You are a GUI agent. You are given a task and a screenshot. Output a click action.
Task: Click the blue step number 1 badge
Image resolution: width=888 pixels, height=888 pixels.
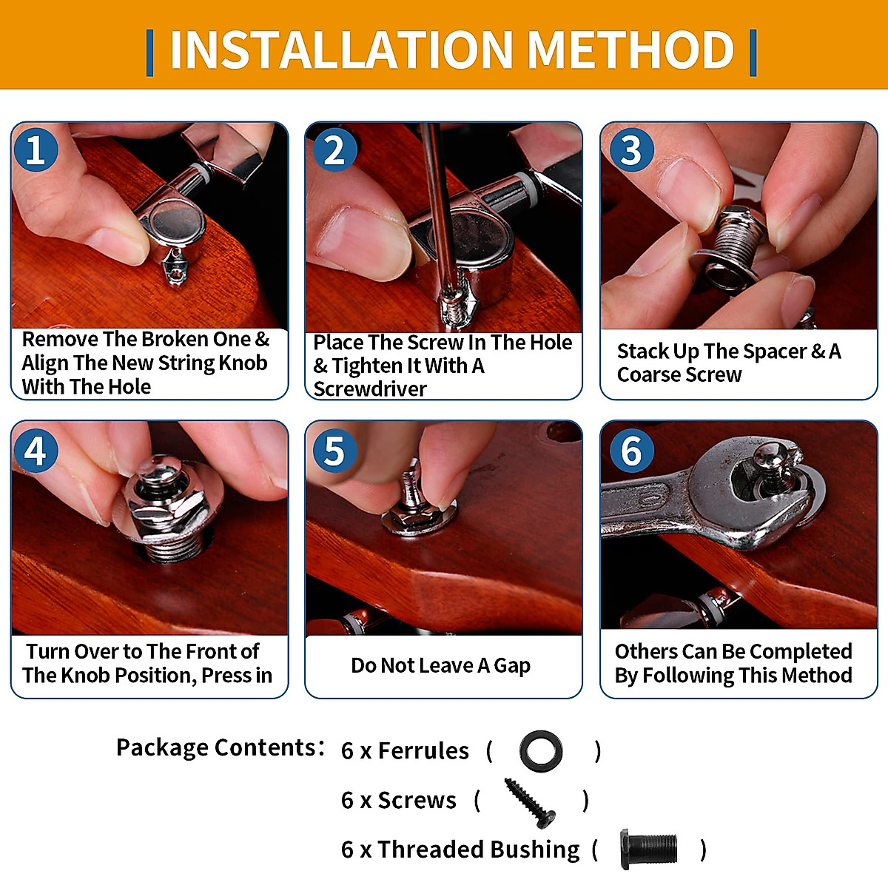36,149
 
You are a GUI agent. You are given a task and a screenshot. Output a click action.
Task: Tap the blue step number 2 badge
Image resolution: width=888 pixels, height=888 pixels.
334,149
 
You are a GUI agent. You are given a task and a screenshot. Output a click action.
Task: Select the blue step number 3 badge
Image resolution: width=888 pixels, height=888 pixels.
632,149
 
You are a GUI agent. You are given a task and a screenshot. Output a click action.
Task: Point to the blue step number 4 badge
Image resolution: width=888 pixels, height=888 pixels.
36,450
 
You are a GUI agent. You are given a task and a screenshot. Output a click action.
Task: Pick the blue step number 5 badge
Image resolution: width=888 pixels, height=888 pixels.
334,450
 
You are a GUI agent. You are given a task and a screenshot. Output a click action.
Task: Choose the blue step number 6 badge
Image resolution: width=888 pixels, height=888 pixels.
632,450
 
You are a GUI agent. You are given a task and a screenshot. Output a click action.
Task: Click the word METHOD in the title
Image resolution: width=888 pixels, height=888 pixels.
630,50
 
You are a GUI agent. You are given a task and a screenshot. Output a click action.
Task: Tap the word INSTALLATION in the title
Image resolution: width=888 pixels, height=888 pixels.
341,50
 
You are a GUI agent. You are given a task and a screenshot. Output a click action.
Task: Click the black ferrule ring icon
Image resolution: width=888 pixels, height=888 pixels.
540,750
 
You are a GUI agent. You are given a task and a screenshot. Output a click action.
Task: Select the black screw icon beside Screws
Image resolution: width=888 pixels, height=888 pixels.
530,803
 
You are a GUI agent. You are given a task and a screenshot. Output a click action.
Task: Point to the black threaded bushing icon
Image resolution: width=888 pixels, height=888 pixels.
649,849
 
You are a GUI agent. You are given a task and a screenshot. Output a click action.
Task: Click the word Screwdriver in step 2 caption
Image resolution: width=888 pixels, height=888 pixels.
370,389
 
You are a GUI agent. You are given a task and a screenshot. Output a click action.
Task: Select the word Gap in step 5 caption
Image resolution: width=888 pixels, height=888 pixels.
512,666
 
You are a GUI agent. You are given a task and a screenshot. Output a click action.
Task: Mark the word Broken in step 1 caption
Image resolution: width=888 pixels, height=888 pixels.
178,340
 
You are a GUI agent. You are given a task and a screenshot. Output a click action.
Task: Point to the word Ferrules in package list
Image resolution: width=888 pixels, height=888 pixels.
423,751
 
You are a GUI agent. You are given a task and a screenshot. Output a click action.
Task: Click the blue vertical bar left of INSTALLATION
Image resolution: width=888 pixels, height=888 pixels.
149,53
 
